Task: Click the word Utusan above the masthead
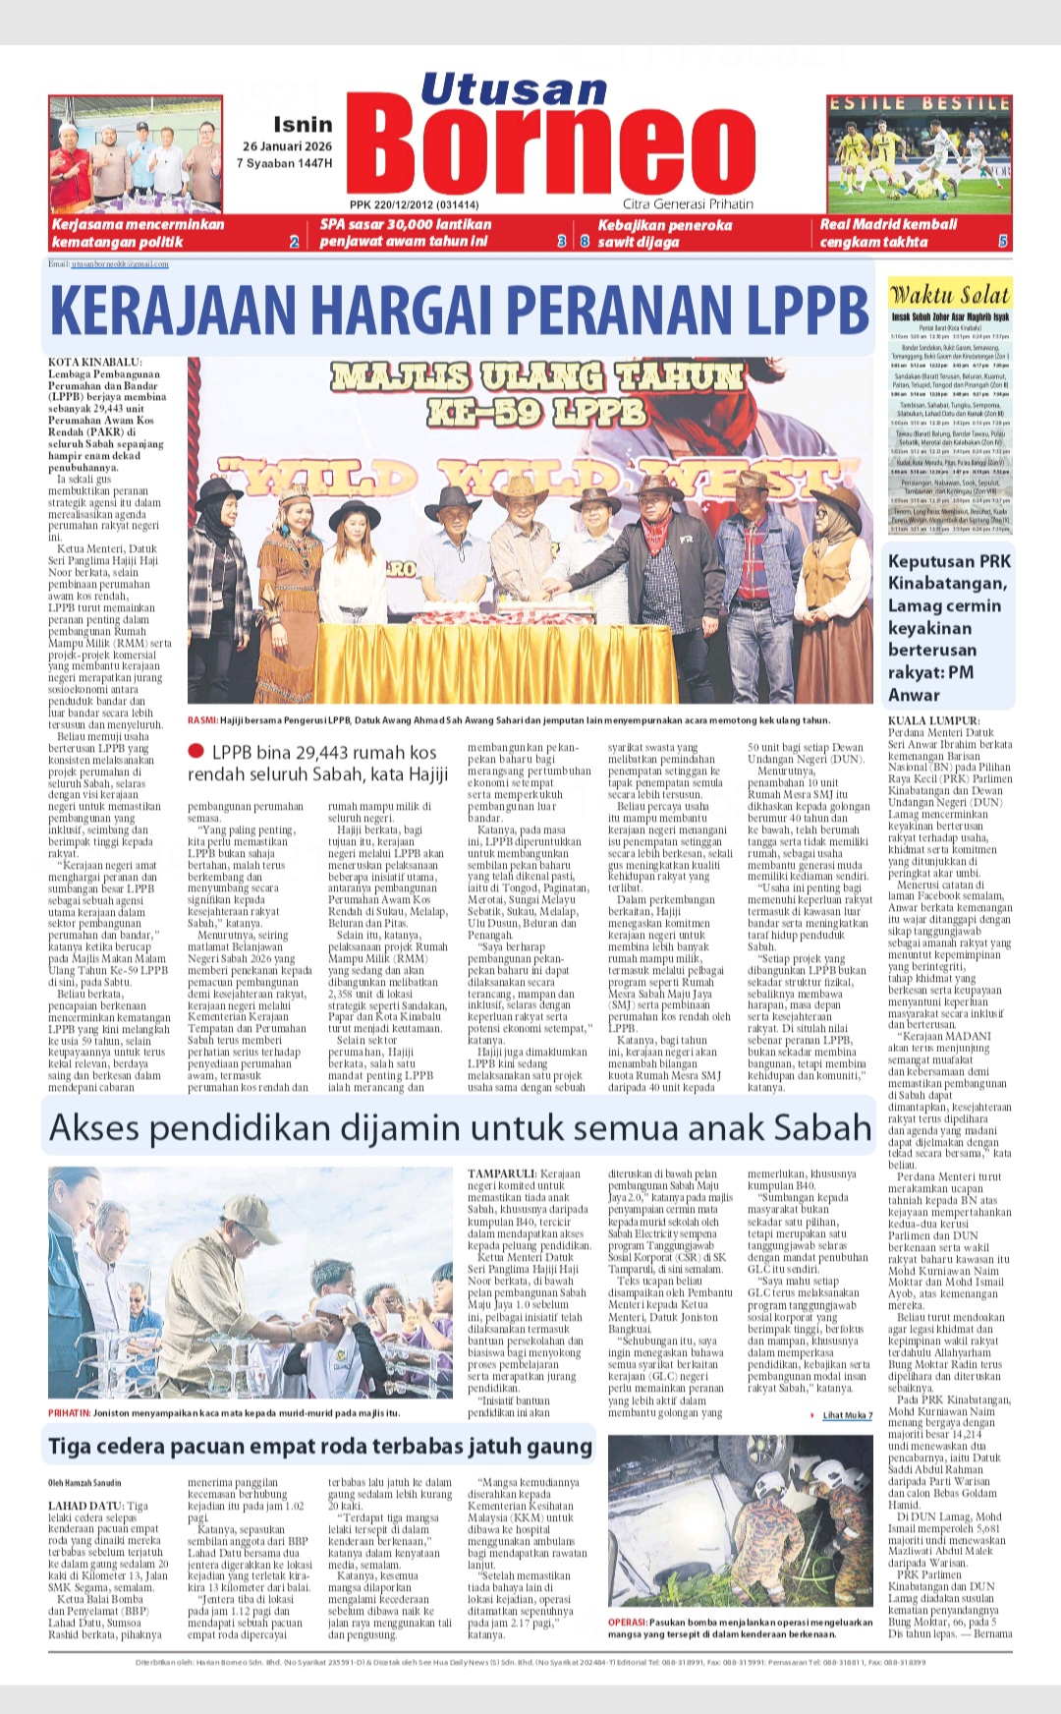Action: coord(514,90)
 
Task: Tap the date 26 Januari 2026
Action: coord(288,146)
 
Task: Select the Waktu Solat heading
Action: coord(949,294)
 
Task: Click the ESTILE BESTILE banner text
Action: coord(919,103)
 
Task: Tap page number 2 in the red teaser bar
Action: coord(294,241)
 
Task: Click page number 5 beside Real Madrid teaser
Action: coord(1002,241)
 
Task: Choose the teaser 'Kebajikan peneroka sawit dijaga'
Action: coord(665,233)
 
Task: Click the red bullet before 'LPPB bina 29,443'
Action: coord(195,752)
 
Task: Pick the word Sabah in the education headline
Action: coord(823,1127)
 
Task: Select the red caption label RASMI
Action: coord(202,720)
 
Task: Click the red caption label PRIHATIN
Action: coord(69,1412)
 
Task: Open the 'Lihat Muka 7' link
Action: coord(847,1415)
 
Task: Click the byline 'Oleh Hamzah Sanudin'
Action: coord(84,1483)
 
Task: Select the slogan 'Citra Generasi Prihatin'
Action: coord(688,204)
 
